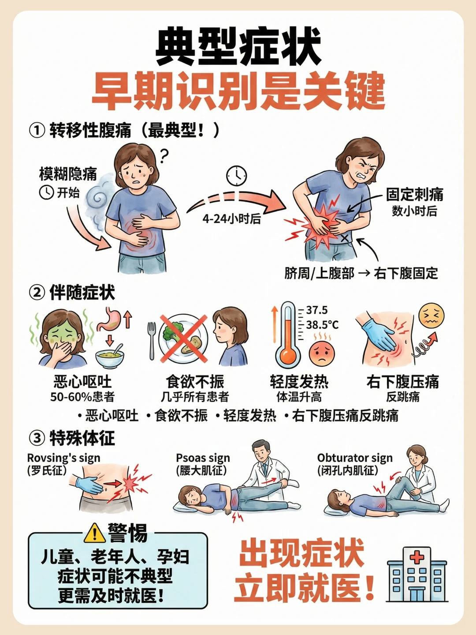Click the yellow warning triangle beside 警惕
(x=94, y=533)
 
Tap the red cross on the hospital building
(x=417, y=557)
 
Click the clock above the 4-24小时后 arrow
(x=237, y=176)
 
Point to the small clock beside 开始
(x=46, y=192)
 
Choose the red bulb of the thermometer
(x=287, y=355)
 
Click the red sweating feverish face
(x=322, y=353)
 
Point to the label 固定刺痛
(x=414, y=194)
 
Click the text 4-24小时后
(x=232, y=219)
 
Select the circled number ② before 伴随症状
(x=37, y=293)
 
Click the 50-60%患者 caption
(x=82, y=397)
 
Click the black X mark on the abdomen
(x=344, y=238)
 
